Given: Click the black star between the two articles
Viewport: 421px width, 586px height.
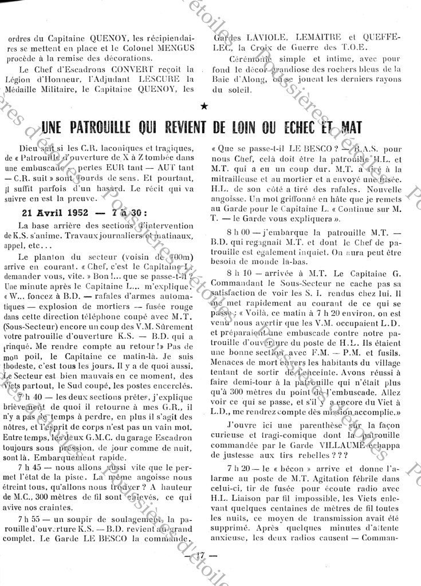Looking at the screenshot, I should pos(205,106).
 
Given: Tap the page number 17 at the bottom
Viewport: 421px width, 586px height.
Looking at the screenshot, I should pos(200,555).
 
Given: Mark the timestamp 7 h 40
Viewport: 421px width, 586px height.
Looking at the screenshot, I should pos(32,397).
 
